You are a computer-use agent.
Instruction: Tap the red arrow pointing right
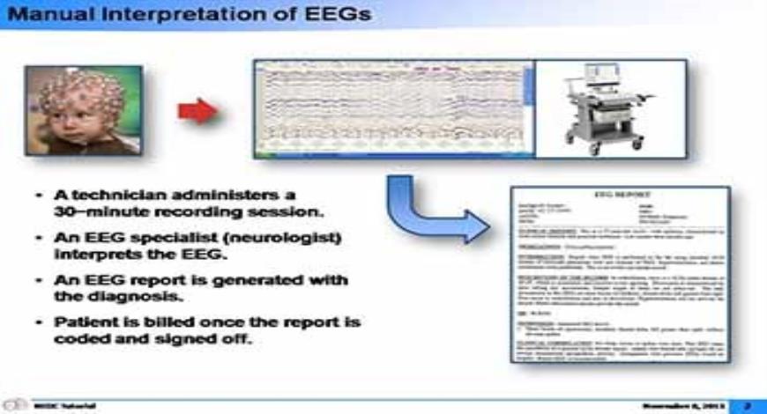(197, 110)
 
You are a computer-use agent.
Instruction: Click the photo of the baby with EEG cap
(83, 110)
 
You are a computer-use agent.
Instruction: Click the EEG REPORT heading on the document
(621, 196)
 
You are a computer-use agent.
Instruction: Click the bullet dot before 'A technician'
(41, 196)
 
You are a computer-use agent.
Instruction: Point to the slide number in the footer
(745, 405)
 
